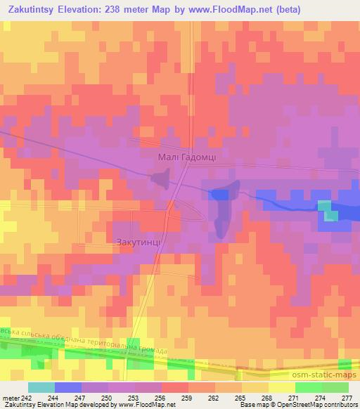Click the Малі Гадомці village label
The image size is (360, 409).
point(186,158)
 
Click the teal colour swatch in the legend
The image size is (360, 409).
point(41,387)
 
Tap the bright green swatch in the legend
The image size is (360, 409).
point(307,387)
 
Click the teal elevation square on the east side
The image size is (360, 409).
point(324,205)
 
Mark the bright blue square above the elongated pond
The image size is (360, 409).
point(220,194)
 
